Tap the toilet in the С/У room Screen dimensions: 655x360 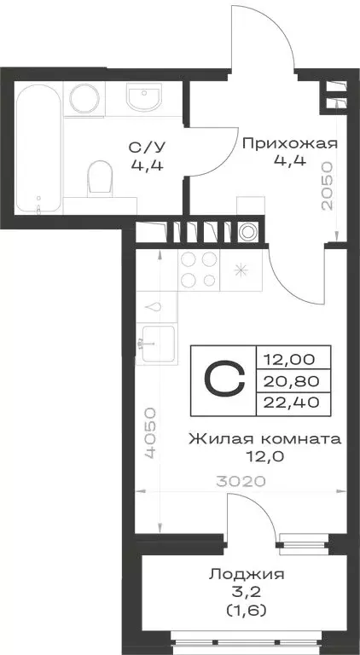(102, 178)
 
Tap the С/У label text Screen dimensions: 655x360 (142, 147)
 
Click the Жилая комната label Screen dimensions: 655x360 (264, 440)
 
